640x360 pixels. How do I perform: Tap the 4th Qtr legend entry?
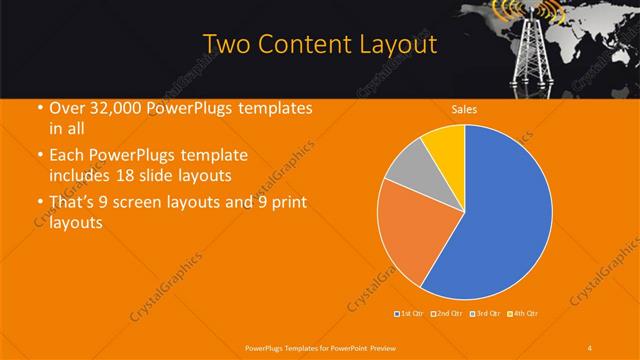pyautogui.click(x=522, y=315)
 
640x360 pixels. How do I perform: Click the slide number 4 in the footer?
pyautogui.click(x=589, y=347)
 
